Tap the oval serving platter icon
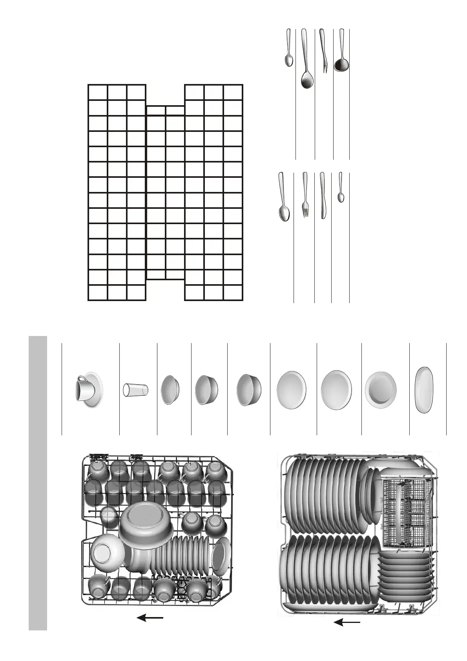pos(424,389)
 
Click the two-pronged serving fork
pos(323,51)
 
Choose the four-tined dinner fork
pos(305,196)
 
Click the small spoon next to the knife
pos(341,188)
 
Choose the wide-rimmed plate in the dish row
pos(380,389)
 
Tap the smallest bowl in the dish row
pos(170,390)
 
